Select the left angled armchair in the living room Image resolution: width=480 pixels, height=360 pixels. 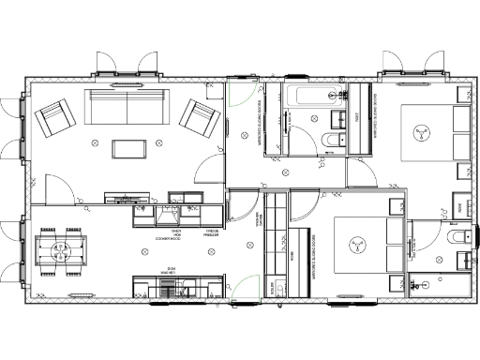click(55, 119)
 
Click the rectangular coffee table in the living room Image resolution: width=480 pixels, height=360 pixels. click(127, 148)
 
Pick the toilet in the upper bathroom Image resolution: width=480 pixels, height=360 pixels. click(330, 142)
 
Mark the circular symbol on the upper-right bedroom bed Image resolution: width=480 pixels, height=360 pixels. click(421, 132)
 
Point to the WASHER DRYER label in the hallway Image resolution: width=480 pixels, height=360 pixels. click(260, 220)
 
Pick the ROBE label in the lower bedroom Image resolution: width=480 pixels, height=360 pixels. click(293, 253)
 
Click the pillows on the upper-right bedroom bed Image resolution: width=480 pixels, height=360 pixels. click(460, 132)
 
